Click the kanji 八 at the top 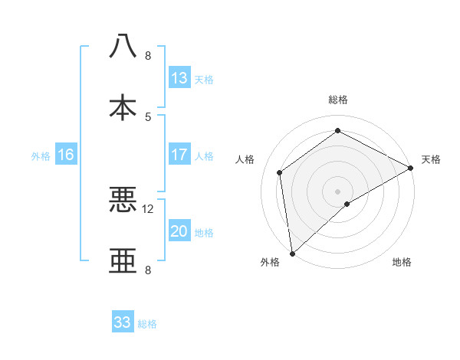(123, 45)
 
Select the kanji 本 (123, 106)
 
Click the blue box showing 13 (179, 78)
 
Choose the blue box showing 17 (179, 155)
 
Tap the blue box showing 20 (179, 231)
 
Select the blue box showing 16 (66, 155)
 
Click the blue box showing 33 (123, 322)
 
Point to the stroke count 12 (148, 208)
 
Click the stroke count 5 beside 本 (148, 116)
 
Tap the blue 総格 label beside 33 (147, 324)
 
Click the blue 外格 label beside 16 (41, 155)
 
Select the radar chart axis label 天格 (431, 159)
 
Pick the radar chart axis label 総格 (337, 100)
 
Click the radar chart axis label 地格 (402, 263)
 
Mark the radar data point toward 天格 (411, 168)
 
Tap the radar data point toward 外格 (292, 253)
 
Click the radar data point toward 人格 (280, 172)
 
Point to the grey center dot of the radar (337, 191)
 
